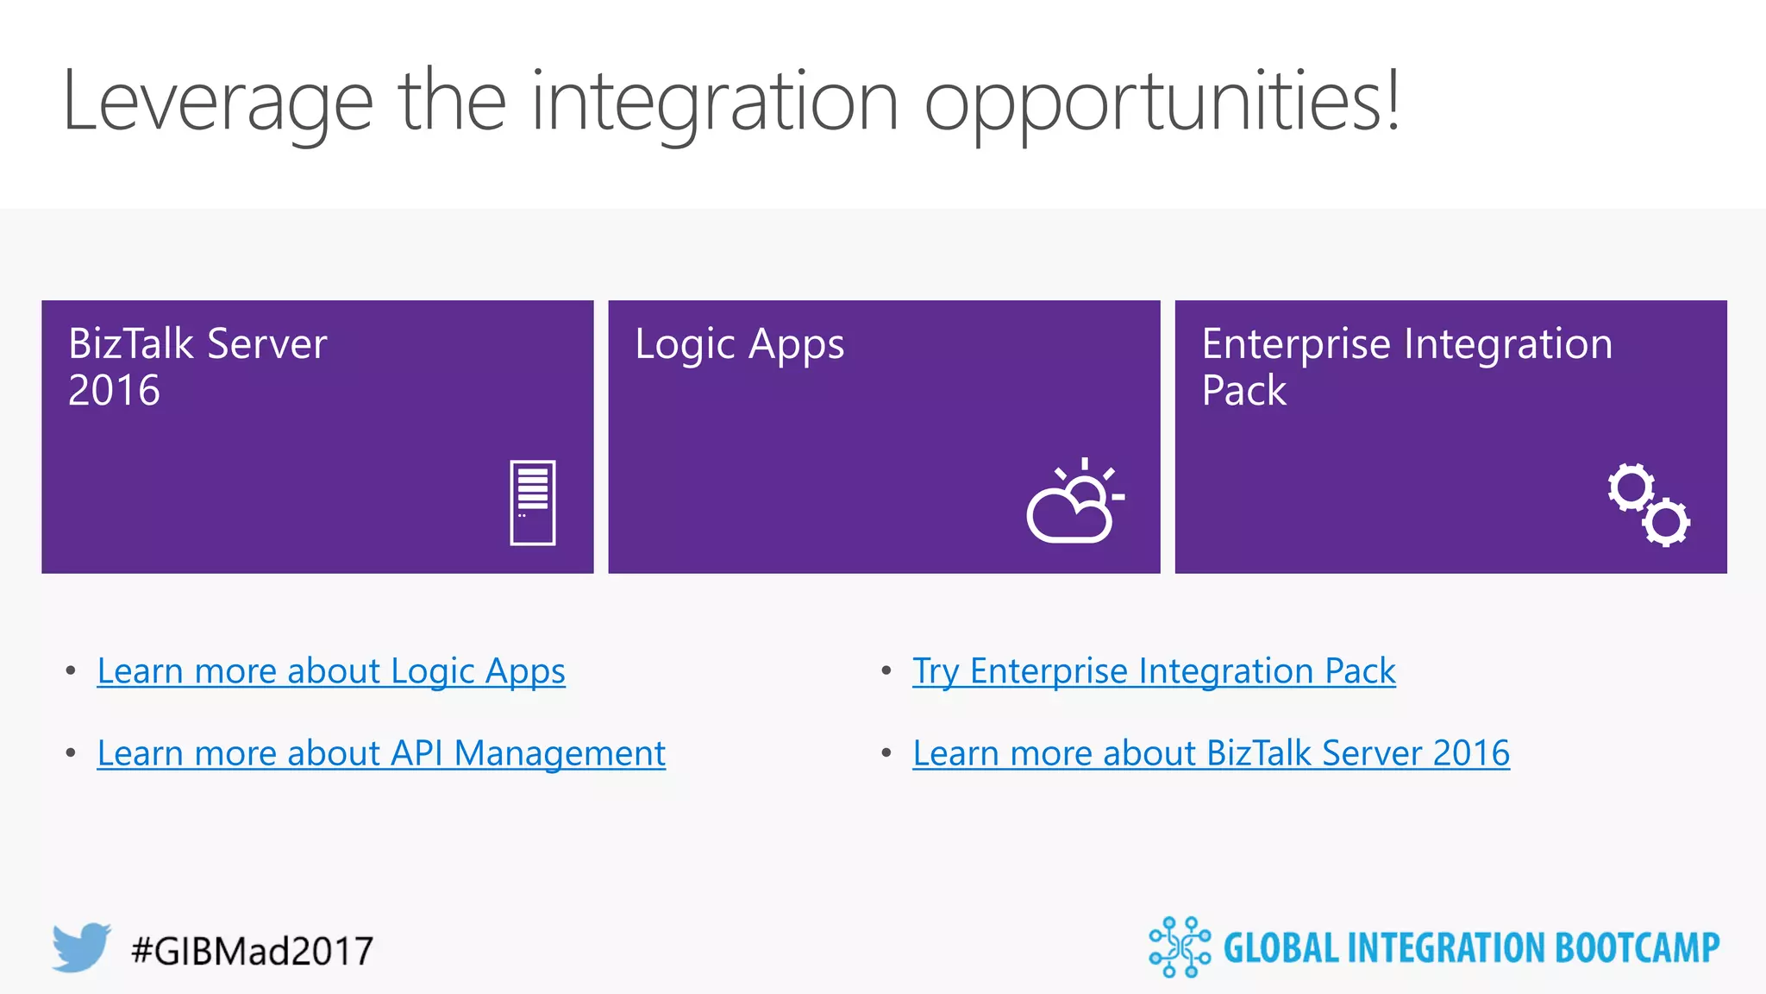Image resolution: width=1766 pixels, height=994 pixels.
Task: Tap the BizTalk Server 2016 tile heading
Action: [197, 367]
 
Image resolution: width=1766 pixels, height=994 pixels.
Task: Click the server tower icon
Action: [532, 502]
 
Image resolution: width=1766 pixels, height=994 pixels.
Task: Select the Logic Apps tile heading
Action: [739, 344]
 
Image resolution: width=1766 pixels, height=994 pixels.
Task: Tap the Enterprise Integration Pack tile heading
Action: [1406, 367]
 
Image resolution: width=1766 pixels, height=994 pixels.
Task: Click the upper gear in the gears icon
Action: [1631, 488]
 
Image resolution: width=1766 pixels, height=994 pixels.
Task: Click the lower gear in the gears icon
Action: [1666, 521]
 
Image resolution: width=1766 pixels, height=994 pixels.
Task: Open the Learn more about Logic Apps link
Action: [331, 671]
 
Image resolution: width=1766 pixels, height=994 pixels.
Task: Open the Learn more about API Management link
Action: [381, 753]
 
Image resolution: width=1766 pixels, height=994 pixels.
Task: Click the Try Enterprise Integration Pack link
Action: [1154, 671]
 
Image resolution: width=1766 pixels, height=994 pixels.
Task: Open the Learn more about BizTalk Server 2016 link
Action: [1211, 753]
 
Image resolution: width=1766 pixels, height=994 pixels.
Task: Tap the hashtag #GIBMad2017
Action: [252, 951]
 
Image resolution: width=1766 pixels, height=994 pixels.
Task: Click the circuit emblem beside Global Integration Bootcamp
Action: [1179, 947]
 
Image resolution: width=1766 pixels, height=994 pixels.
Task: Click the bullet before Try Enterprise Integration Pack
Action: [886, 670]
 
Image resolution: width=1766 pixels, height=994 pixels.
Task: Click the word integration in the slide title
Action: [715, 102]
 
